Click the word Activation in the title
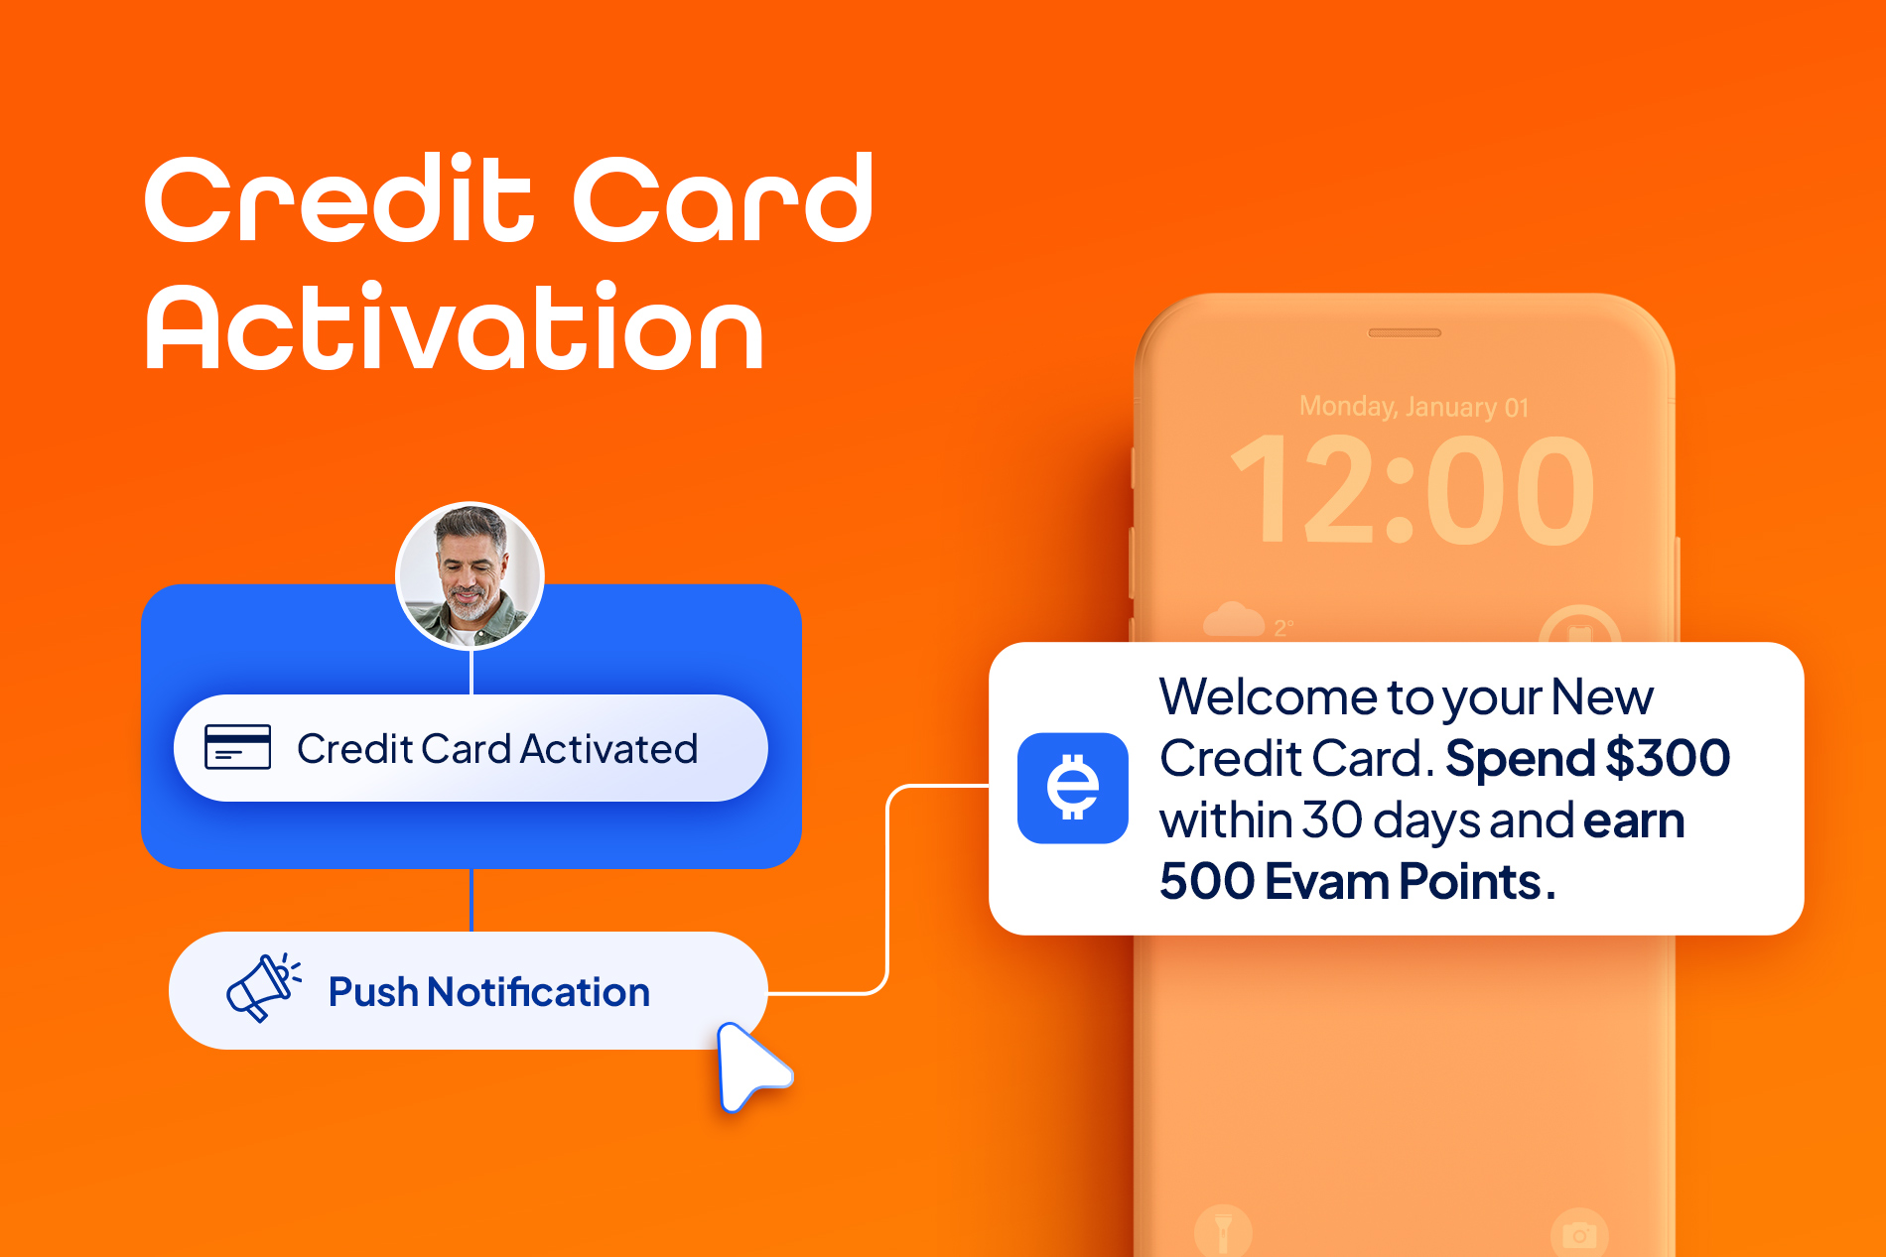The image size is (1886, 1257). (455, 327)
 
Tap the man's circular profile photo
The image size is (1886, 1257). (470, 575)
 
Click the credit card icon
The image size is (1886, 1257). (237, 747)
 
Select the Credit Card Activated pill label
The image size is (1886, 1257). (471, 748)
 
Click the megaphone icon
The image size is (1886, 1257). (263, 987)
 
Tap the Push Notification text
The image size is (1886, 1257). (489, 992)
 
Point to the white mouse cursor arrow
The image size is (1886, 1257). (750, 1066)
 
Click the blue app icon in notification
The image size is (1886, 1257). (1073, 788)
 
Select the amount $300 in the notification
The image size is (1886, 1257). (1668, 759)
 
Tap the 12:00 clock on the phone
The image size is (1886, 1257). (1413, 491)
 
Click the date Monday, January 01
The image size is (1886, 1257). (1414, 407)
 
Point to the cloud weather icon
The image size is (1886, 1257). (1233, 620)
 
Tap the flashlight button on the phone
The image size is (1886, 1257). (1223, 1231)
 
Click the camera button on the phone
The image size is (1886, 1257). (1579, 1233)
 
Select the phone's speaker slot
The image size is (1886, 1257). (1405, 332)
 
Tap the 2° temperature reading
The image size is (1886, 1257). (1283, 628)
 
